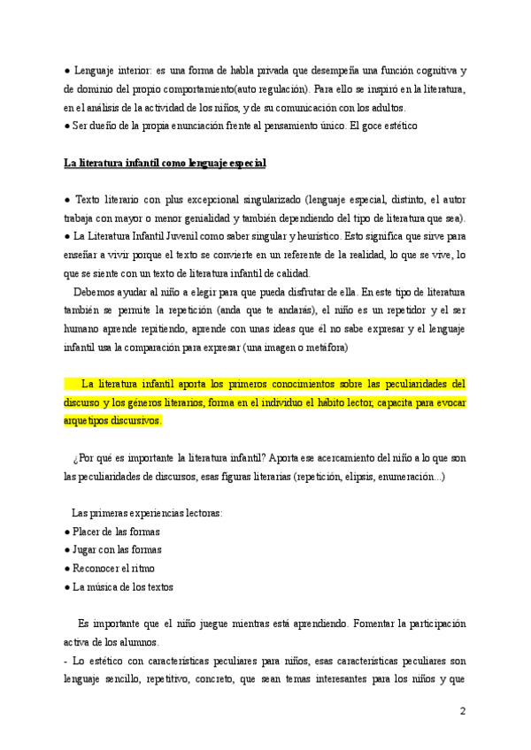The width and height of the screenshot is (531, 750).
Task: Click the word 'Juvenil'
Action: tap(179, 237)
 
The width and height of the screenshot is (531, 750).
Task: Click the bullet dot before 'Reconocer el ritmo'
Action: tap(67, 569)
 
